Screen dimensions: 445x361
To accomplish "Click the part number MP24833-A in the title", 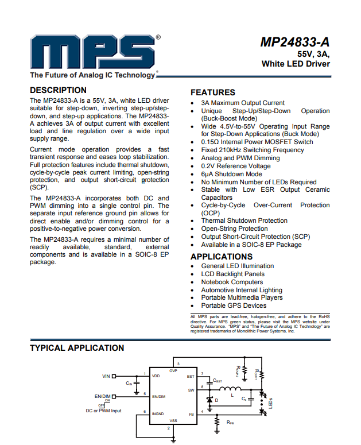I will coord(295,42).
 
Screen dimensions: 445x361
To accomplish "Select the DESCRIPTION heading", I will coord(58,90).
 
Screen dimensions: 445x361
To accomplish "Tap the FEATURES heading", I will coord(213,92).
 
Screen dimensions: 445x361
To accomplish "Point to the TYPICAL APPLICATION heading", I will coord(77,348).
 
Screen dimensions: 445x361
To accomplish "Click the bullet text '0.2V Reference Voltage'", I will coord(236,166).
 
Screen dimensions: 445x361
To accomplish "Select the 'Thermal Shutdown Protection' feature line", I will coord(244,220).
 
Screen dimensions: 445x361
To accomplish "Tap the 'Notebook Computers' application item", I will coord(232,282).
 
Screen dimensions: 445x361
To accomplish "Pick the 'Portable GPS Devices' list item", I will coord(234,306).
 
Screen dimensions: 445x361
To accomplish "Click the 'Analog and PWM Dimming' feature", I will coord(240,158).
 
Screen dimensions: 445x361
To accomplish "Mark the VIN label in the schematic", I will coord(106,376).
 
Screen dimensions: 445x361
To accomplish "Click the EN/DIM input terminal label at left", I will coord(102,396).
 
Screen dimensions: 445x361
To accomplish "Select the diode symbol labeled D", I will coord(211,400).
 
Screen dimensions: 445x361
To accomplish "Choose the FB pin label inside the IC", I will coord(191,413).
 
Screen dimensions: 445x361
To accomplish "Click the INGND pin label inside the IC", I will coord(158,413).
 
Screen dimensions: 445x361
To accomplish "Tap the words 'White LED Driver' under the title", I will coord(296,64).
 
